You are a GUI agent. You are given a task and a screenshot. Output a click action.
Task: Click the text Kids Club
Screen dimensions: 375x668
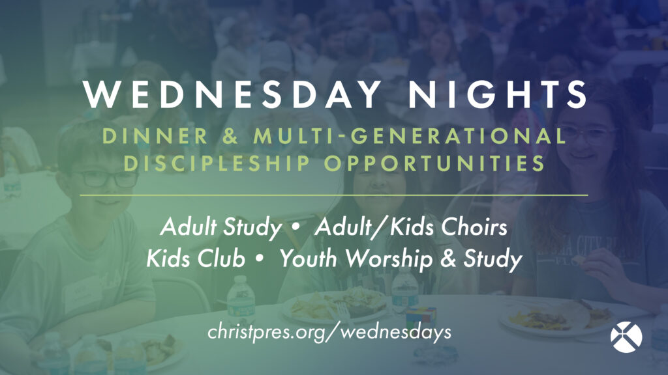point(196,258)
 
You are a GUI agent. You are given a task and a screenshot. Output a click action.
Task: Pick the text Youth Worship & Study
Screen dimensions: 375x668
point(401,258)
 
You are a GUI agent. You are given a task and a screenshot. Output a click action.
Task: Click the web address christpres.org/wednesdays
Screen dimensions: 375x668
point(329,332)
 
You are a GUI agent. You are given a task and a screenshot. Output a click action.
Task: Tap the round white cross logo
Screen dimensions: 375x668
point(626,336)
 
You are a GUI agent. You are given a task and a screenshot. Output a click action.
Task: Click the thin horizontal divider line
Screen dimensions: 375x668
point(334,195)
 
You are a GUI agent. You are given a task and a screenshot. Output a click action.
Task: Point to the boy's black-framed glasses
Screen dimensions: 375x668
point(104,178)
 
